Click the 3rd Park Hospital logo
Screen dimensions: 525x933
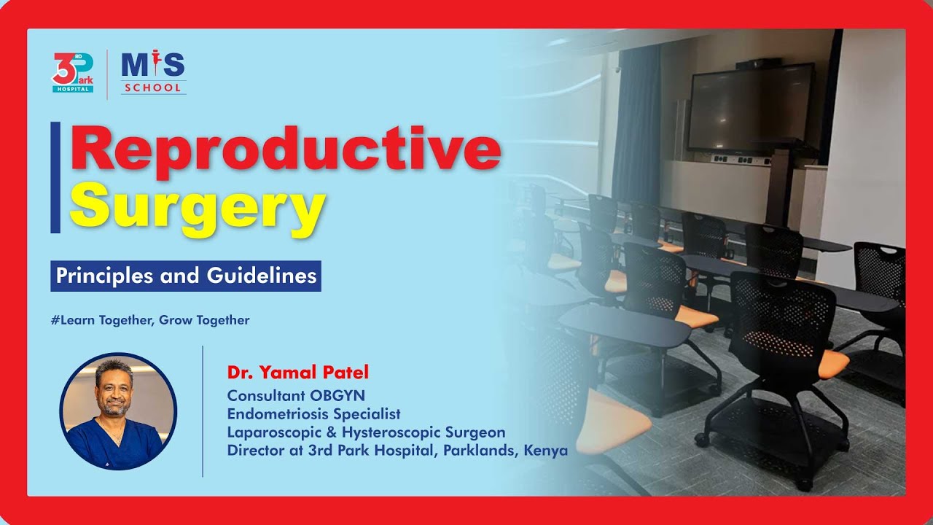point(73,72)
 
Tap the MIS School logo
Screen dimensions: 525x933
point(152,72)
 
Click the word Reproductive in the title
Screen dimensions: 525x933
point(285,150)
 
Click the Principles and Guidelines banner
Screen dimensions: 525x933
point(186,276)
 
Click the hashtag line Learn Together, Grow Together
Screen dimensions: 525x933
point(150,320)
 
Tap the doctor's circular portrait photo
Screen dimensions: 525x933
point(118,412)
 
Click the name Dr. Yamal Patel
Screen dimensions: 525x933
point(298,373)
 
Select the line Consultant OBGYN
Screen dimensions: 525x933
point(296,396)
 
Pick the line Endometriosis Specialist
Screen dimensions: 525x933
point(313,414)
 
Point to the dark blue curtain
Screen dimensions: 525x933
point(636,124)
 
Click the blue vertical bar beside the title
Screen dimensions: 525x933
point(55,177)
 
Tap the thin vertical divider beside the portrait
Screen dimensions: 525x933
point(203,412)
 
